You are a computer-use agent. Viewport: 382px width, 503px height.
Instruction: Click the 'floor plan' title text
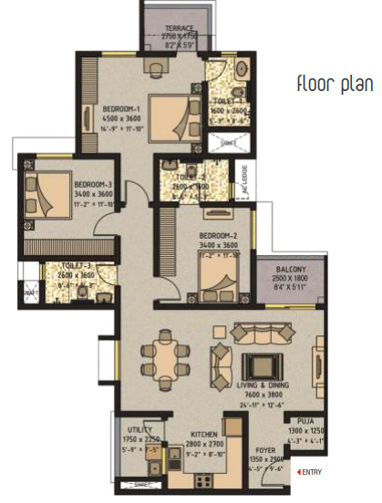coord(335,85)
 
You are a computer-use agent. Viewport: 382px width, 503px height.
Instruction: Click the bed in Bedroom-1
coord(177,120)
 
